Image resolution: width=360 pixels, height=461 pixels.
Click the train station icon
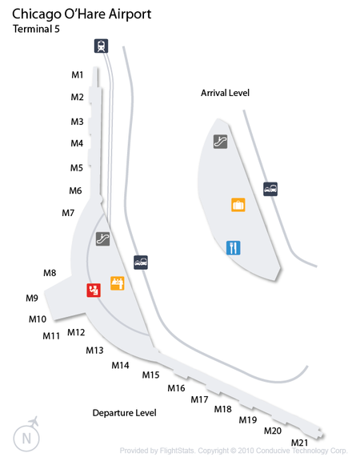101,46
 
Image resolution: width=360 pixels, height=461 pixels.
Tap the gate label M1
78,75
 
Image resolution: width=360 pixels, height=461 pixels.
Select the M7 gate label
68,213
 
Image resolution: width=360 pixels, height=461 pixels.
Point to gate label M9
32,298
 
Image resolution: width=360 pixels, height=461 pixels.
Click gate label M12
76,332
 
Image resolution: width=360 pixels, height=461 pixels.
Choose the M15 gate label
150,375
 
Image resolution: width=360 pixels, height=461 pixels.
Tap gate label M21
299,443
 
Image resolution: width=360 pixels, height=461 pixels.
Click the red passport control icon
94,291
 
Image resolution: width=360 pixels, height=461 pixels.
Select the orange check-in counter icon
118,283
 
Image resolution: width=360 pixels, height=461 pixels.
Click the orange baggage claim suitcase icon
238,205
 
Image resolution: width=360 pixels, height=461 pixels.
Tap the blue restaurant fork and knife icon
234,248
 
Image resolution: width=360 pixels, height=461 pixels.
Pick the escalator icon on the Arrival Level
221,142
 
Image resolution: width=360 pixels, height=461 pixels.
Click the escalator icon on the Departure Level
103,239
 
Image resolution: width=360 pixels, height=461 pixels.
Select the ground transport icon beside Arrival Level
270,189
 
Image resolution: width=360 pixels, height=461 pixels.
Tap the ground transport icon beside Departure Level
141,263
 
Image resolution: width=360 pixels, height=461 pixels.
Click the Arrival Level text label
225,93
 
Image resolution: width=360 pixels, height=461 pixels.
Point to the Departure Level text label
124,413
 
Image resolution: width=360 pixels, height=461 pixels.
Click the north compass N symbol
26,439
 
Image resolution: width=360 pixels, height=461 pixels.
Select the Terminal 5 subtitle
36,29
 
